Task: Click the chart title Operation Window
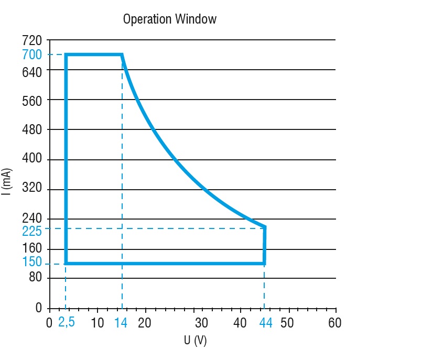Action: click(x=169, y=19)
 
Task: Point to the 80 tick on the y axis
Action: click(x=35, y=278)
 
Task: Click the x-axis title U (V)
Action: click(x=195, y=341)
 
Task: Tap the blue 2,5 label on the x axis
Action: click(x=67, y=322)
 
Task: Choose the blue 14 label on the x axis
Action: click(x=121, y=323)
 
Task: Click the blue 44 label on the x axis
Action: click(x=266, y=323)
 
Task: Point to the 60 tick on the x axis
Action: click(x=335, y=323)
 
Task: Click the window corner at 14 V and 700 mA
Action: click(x=122, y=54)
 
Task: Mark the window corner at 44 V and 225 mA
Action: click(x=265, y=227)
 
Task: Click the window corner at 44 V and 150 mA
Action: click(x=264, y=263)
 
